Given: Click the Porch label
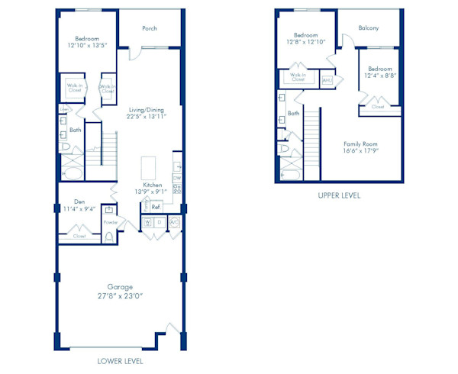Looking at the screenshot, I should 150,29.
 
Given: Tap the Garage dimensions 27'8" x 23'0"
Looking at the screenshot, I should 121,296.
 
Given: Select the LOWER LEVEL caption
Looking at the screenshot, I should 121,360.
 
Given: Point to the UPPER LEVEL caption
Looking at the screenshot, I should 340,195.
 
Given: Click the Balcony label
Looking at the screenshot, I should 369,28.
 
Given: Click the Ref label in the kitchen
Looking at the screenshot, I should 155,207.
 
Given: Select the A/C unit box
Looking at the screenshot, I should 174,223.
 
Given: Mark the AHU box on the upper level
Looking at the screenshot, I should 327,79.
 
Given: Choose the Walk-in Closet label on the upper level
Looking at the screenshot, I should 298,78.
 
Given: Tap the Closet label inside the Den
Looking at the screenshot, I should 79,237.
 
